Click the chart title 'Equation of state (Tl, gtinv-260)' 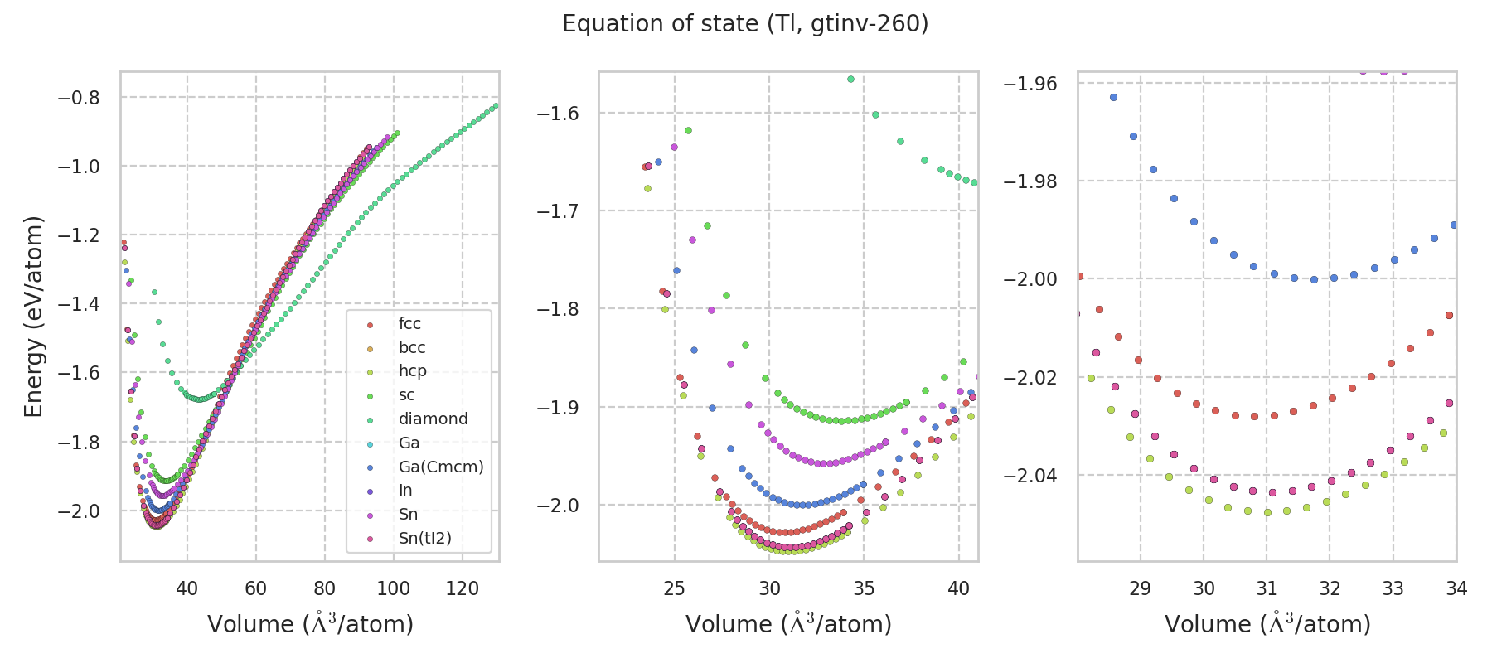click(745, 24)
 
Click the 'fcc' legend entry click(409, 324)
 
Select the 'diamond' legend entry click(433, 419)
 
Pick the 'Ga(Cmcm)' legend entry click(440, 467)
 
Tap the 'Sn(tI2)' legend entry click(424, 539)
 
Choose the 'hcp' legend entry click(412, 371)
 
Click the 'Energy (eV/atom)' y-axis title click(33, 317)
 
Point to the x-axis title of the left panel click(310, 624)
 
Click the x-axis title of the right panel click(1267, 624)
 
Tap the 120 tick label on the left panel click(463, 588)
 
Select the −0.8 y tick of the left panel click(78, 98)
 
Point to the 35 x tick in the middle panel click(864, 588)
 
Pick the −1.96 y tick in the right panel click(1031, 84)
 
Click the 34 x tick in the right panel click(1456, 588)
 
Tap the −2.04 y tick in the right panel click(1031, 476)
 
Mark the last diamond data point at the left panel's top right click(496, 106)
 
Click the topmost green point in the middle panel click(850, 80)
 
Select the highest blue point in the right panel click(1113, 98)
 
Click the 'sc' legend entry click(406, 395)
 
